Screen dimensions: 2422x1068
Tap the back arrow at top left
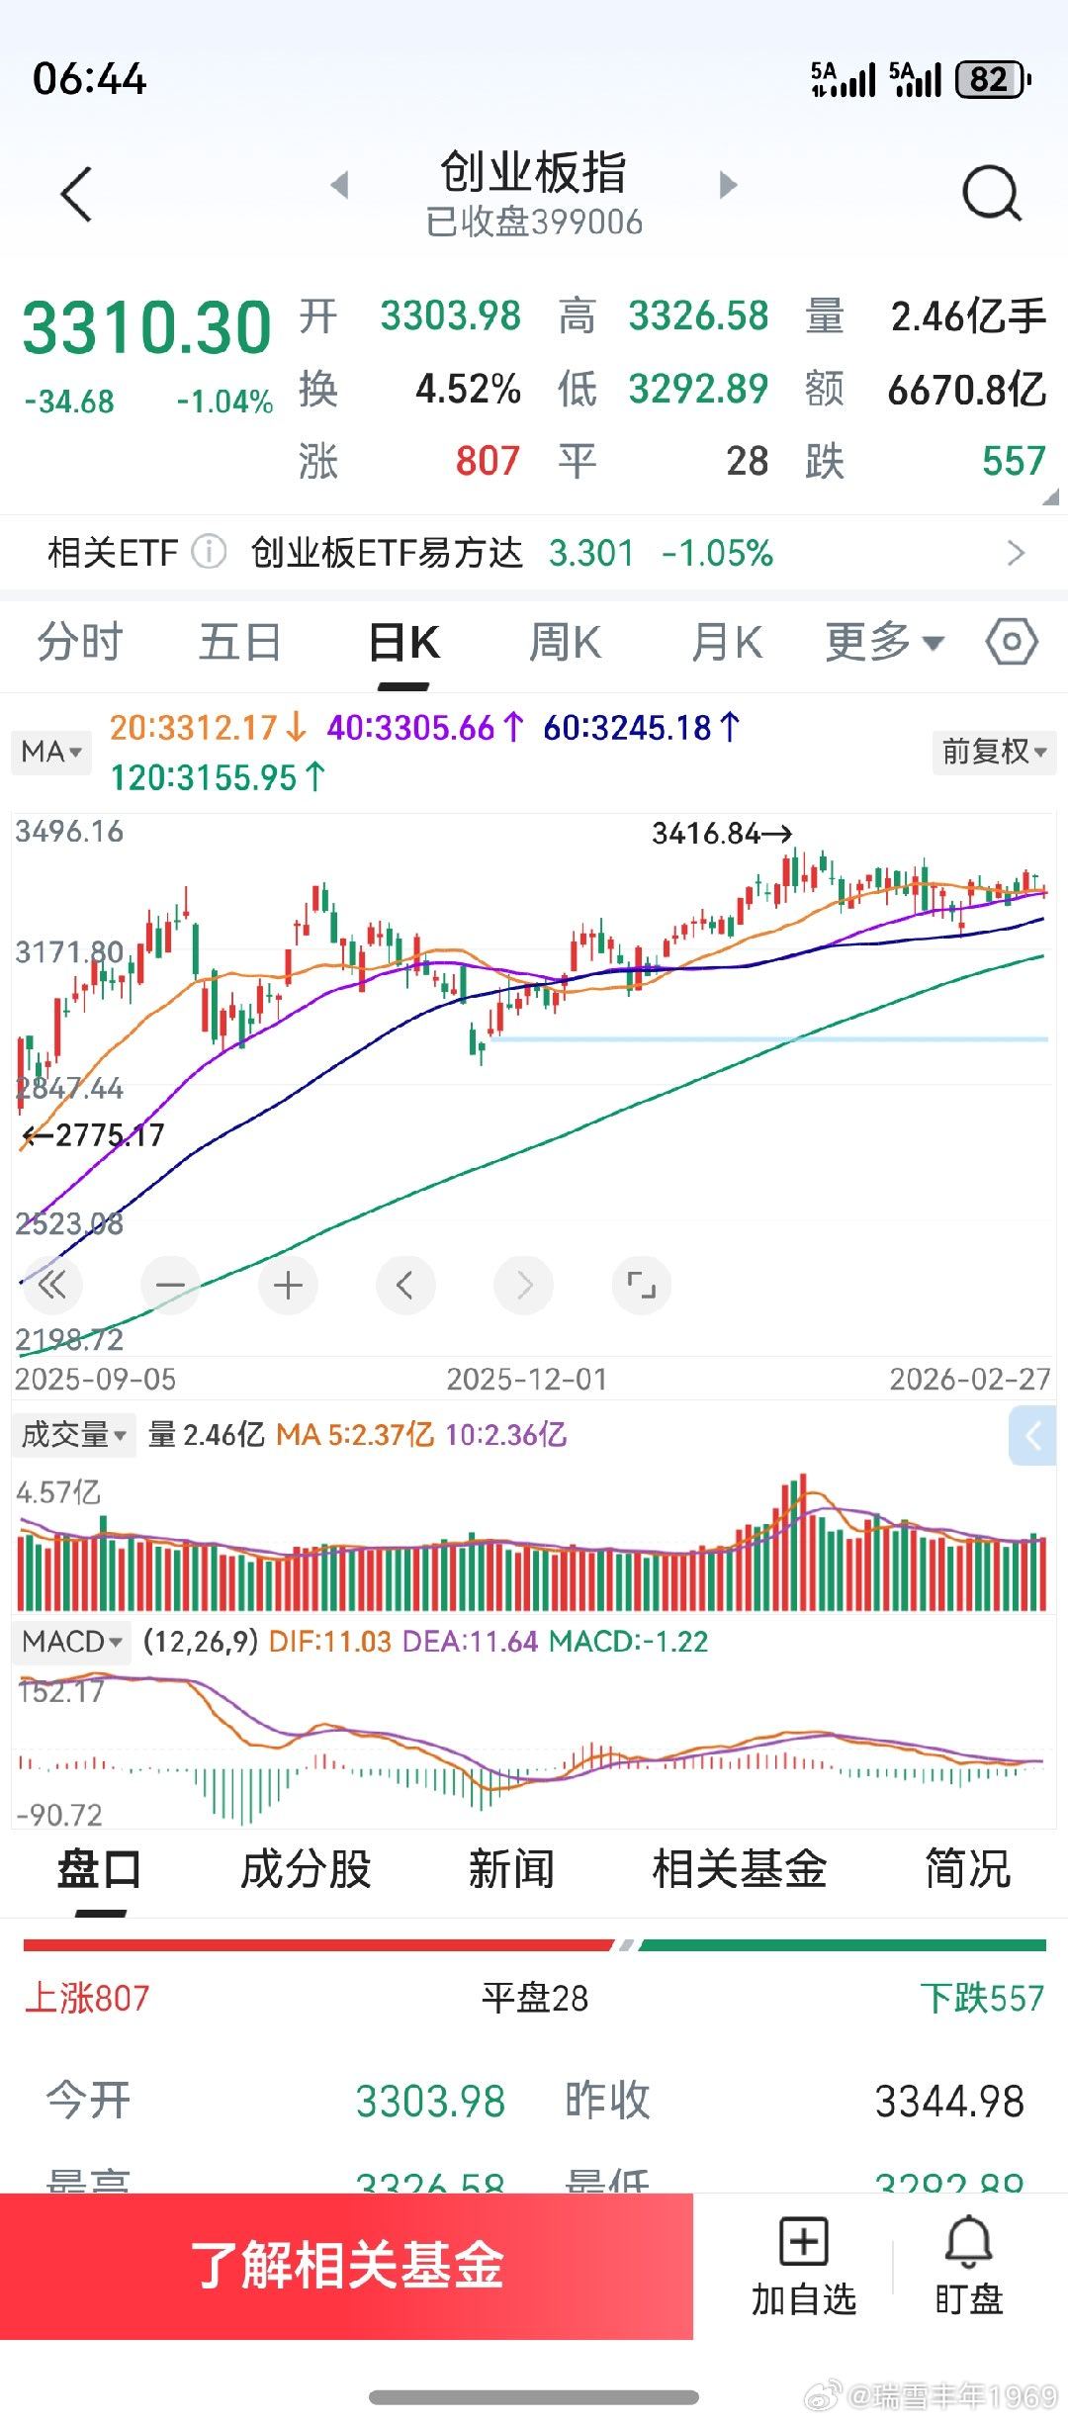coord(76,194)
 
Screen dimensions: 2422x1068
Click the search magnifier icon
coord(991,192)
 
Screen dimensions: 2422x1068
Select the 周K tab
coord(565,643)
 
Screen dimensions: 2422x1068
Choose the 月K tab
coord(727,643)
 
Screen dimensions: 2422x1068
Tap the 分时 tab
coord(79,643)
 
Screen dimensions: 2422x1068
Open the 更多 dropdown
coord(884,643)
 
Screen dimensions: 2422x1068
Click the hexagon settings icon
coord(1012,643)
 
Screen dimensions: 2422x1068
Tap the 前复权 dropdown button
coord(994,752)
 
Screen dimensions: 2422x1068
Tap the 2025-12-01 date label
coord(526,1379)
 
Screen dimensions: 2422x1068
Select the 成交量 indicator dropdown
coord(74,1434)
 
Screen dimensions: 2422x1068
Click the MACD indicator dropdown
coord(72,1642)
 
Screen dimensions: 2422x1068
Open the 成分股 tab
coord(306,1869)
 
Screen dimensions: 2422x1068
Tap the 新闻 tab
coord(511,1869)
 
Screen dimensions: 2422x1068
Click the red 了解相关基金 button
coord(346,2266)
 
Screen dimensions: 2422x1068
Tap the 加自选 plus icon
coord(803,2242)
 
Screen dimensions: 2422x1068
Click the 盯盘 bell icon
coord(968,2242)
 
